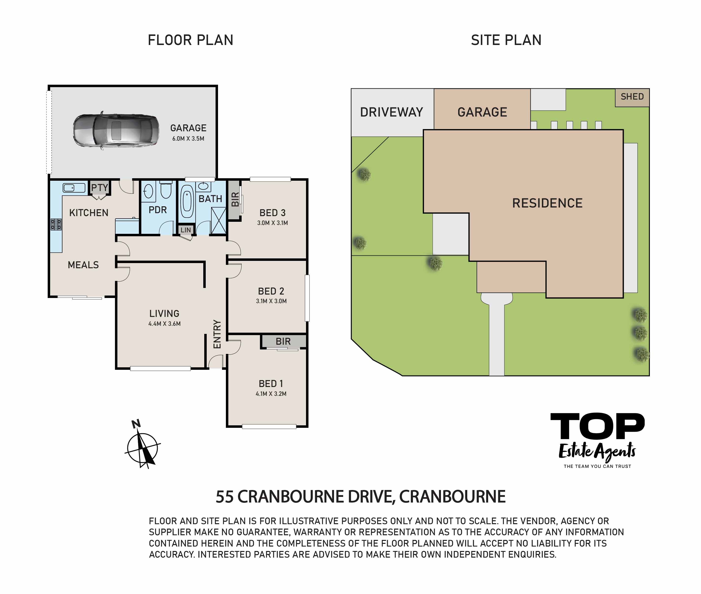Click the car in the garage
[x=116, y=131]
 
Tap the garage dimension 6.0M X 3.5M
[x=188, y=139]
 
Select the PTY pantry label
[x=100, y=188]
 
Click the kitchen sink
[x=74, y=188]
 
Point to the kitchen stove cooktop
[x=56, y=224]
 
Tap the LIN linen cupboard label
[x=186, y=230]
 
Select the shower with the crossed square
[x=219, y=221]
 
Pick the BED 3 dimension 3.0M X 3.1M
[x=272, y=223]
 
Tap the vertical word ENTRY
[x=217, y=334]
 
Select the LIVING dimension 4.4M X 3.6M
[x=164, y=324]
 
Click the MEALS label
[x=83, y=265]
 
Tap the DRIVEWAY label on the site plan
[x=391, y=112]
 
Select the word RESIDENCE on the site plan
[x=547, y=203]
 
